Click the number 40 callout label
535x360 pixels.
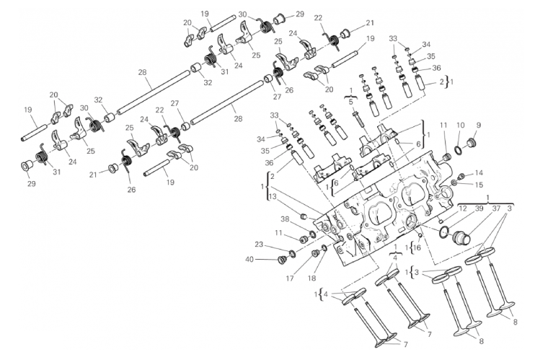coord(249,260)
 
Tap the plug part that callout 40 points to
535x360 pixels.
coord(283,260)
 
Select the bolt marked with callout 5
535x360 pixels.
coord(357,121)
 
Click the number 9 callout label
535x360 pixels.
coord(478,126)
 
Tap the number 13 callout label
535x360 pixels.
coord(273,196)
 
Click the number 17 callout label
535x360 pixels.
coord(290,278)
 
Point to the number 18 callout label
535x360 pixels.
coord(312,278)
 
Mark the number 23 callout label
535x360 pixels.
coord(259,245)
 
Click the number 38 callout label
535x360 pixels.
coord(286,219)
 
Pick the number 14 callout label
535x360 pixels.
coord(479,173)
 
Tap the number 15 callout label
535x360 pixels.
coord(479,185)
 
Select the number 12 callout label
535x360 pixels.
coord(463,208)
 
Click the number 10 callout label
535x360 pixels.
coord(461,126)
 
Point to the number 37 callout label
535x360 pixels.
coord(496,208)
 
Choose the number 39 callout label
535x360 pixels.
coord(479,208)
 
